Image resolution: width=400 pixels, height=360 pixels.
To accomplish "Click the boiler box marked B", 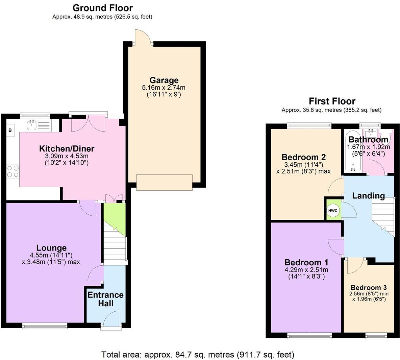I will pyautogui.click(x=10, y=130).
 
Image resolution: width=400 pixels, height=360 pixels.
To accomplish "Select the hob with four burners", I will pyautogui.click(x=13, y=171).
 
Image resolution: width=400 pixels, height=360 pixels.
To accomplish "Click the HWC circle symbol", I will pyautogui.click(x=333, y=211).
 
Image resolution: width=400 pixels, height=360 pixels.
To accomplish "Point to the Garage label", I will pyautogui.click(x=164, y=80).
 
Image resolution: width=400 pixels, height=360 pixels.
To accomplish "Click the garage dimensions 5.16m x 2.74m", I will pyautogui.click(x=164, y=88).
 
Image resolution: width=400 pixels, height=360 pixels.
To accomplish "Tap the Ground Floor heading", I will pyautogui.click(x=102, y=7).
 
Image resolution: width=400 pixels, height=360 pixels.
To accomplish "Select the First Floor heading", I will pyautogui.click(x=332, y=101).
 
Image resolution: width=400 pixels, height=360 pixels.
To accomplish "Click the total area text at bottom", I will pyautogui.click(x=198, y=355).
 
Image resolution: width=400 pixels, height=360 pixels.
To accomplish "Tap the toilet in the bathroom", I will pyautogui.click(x=391, y=135).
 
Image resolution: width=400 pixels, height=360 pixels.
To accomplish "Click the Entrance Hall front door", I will pyautogui.click(x=111, y=319).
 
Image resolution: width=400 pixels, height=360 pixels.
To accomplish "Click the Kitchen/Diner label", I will pyautogui.click(x=67, y=148).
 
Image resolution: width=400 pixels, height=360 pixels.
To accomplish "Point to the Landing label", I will pyautogui.click(x=368, y=195).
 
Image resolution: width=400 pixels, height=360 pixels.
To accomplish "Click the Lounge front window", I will pyautogui.click(x=45, y=326).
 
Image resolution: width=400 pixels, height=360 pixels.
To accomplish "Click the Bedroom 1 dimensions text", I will pyautogui.click(x=306, y=273).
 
